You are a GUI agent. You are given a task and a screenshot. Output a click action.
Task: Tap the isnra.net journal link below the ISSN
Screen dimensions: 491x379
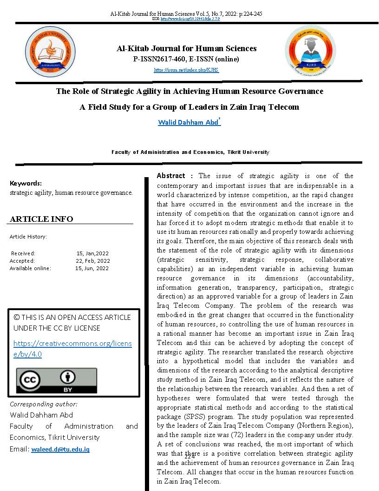coord(186,70)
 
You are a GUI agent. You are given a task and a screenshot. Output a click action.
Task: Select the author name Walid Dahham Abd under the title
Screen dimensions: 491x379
coord(188,123)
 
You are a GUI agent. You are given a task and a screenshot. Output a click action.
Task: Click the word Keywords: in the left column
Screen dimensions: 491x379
coord(26,183)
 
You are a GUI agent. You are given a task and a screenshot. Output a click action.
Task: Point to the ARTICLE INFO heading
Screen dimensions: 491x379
coord(41,219)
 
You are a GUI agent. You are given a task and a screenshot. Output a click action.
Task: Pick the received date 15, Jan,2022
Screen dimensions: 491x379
coord(92,253)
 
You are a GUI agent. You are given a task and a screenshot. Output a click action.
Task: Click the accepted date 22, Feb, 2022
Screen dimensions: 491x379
coord(93,261)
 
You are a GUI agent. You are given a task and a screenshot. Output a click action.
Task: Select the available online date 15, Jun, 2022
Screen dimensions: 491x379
coord(92,268)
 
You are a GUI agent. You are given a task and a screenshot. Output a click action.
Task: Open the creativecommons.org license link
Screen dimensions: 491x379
coord(72,349)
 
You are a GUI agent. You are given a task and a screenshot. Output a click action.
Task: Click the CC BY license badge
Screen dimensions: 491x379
coord(57,381)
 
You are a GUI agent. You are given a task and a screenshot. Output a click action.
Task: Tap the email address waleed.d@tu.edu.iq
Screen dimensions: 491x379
coord(60,450)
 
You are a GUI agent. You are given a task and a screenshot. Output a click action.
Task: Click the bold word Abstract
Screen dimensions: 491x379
coord(171,176)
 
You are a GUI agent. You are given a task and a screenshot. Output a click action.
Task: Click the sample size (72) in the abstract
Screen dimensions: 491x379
coord(261,435)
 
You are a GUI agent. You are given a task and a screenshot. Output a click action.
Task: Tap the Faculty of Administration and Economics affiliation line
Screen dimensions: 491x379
coord(190,152)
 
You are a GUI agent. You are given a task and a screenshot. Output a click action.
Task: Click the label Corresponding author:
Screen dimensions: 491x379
coord(44,404)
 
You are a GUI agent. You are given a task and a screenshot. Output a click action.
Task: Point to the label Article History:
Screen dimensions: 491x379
coord(28,237)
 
